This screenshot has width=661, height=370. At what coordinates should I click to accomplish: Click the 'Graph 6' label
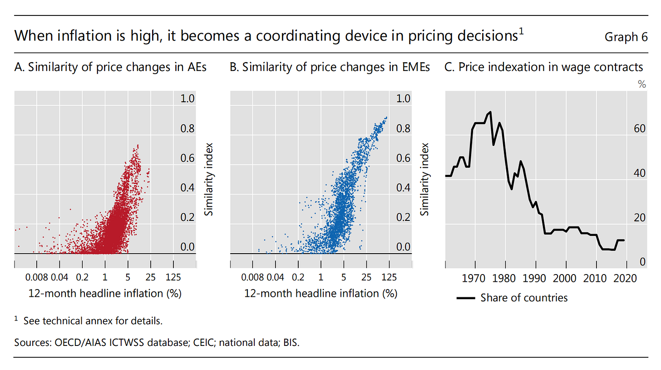(626, 37)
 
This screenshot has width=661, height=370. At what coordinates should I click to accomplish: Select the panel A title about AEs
(110, 67)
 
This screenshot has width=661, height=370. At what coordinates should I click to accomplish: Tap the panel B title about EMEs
(330, 67)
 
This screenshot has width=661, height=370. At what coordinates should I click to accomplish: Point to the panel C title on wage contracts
(543, 67)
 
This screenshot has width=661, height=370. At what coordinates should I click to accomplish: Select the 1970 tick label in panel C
(475, 277)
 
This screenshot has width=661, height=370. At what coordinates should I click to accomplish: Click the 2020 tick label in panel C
(626, 277)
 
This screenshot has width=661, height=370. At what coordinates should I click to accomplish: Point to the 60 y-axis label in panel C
(639, 129)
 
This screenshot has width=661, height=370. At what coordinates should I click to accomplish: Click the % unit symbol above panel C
(642, 84)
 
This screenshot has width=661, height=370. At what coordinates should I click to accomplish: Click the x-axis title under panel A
(104, 293)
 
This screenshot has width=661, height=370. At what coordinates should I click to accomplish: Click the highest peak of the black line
(490, 112)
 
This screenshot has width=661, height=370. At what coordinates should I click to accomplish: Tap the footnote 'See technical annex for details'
(93, 320)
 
